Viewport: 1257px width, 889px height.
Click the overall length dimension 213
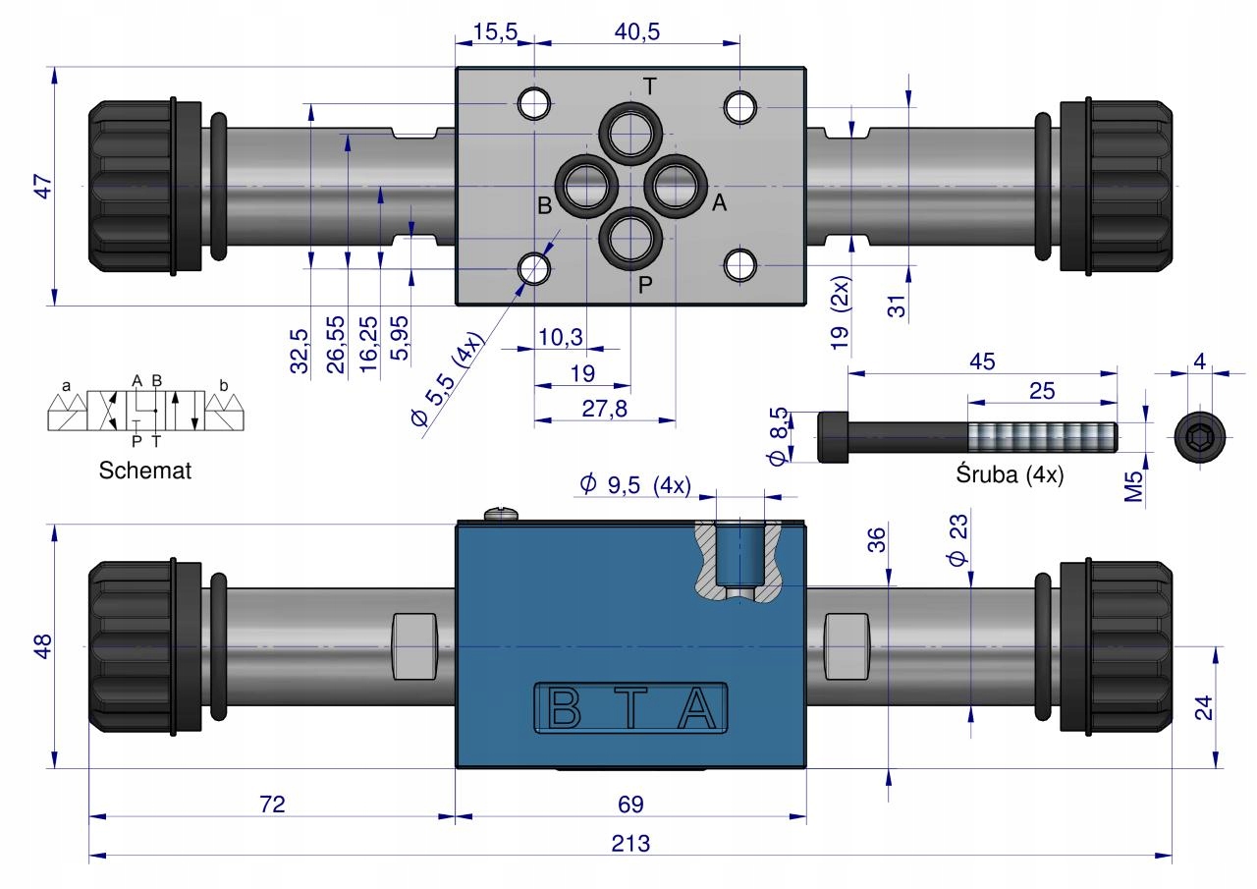coord(630,843)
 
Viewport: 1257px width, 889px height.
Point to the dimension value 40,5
coord(637,31)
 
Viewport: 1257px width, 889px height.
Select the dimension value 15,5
coord(495,31)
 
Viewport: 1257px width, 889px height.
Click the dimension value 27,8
coord(604,409)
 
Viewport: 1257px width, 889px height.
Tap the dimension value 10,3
coord(561,337)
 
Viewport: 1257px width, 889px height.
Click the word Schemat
coord(144,471)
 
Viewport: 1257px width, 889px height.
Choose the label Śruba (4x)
coord(1010,474)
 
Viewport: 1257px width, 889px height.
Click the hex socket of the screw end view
coord(1200,436)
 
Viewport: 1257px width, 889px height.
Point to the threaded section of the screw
coord(1043,437)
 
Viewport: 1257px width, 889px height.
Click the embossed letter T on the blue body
coord(630,707)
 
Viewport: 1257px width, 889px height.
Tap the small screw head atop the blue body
coord(501,514)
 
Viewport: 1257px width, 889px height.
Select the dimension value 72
coord(272,805)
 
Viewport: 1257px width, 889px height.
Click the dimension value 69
coord(630,805)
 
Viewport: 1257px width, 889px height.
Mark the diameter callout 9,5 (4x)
coord(635,484)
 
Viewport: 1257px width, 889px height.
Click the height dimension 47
coord(44,187)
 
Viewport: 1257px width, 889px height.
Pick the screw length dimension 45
coord(982,361)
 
